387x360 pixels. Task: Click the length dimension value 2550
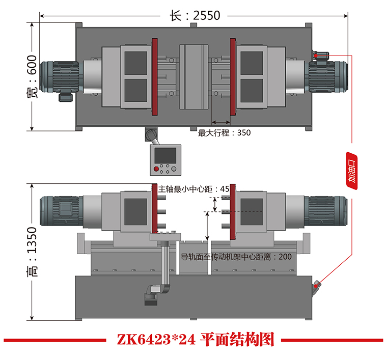point(206,16)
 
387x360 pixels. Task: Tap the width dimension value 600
point(32,65)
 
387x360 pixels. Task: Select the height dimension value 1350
point(32,240)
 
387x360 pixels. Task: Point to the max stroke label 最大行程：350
point(224,133)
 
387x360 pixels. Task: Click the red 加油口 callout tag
point(351,171)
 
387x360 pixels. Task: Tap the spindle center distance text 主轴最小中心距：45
point(193,189)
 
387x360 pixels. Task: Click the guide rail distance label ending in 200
point(236,257)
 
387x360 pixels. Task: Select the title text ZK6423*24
point(156,339)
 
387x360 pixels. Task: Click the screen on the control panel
point(165,155)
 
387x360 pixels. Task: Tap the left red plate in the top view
point(155,77)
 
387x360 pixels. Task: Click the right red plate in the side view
point(233,212)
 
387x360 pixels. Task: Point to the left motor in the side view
point(61,211)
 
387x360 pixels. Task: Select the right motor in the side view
point(326,211)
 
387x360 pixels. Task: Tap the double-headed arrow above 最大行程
point(221,122)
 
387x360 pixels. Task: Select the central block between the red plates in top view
point(193,77)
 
